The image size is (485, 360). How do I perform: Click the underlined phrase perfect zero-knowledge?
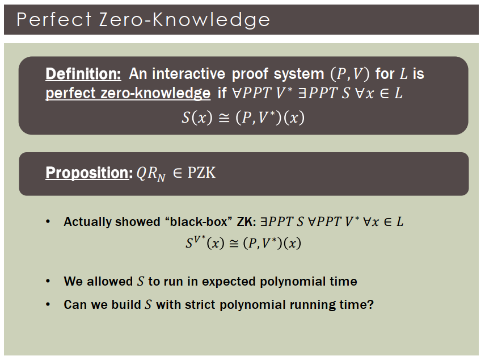[128, 93]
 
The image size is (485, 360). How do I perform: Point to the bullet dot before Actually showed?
[48, 222]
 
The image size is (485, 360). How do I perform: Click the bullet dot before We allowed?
[48, 281]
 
